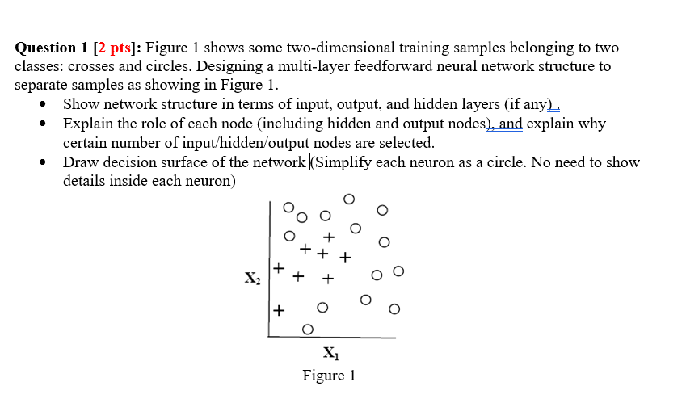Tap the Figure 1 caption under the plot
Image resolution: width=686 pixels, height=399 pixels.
329,376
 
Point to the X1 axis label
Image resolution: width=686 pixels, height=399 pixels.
330,353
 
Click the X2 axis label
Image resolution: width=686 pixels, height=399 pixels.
253,279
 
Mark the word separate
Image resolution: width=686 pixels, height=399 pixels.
40,84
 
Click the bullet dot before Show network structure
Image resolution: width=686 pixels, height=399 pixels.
43,103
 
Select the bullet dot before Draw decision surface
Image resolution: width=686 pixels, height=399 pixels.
43,162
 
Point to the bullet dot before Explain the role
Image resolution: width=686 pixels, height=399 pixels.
43,124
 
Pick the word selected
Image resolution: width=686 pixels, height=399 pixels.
407,143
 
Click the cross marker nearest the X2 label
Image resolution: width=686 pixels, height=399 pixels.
279,267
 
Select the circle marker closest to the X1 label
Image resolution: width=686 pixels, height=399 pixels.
307,329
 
